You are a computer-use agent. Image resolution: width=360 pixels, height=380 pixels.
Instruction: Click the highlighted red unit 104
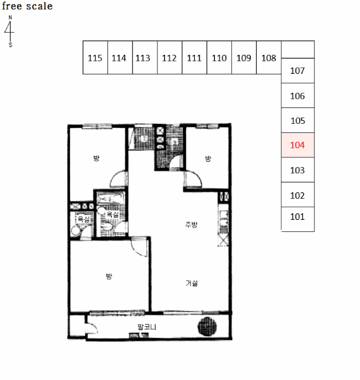298,145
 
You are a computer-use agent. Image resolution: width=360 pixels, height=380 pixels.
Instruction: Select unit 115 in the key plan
95,58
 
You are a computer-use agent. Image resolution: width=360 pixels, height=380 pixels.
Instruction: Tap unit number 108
269,58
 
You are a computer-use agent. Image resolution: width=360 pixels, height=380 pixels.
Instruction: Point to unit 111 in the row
194,58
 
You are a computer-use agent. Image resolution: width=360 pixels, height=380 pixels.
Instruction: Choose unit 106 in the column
298,96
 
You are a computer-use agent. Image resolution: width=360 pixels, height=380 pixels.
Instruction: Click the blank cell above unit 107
298,50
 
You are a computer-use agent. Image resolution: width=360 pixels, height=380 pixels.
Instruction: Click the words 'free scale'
27,6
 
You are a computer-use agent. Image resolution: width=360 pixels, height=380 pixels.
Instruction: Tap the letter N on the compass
10,17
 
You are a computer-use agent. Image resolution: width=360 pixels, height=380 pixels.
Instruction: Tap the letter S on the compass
10,45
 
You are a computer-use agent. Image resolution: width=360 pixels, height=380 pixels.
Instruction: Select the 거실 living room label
192,283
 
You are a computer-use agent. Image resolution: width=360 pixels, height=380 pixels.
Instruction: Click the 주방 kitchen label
191,224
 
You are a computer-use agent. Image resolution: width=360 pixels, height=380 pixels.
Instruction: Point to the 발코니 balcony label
147,327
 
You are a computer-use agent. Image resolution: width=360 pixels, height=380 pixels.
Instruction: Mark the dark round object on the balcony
207,326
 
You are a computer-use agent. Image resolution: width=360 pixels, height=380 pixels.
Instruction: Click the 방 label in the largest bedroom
109,276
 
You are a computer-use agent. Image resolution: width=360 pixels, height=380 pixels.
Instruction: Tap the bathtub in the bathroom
111,199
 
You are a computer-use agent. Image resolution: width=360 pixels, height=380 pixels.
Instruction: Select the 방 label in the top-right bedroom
208,159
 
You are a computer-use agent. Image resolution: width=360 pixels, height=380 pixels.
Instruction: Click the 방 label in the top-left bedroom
96,158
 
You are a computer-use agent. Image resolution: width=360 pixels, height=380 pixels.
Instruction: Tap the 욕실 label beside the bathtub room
113,214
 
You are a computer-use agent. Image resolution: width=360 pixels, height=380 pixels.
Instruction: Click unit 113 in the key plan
143,58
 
